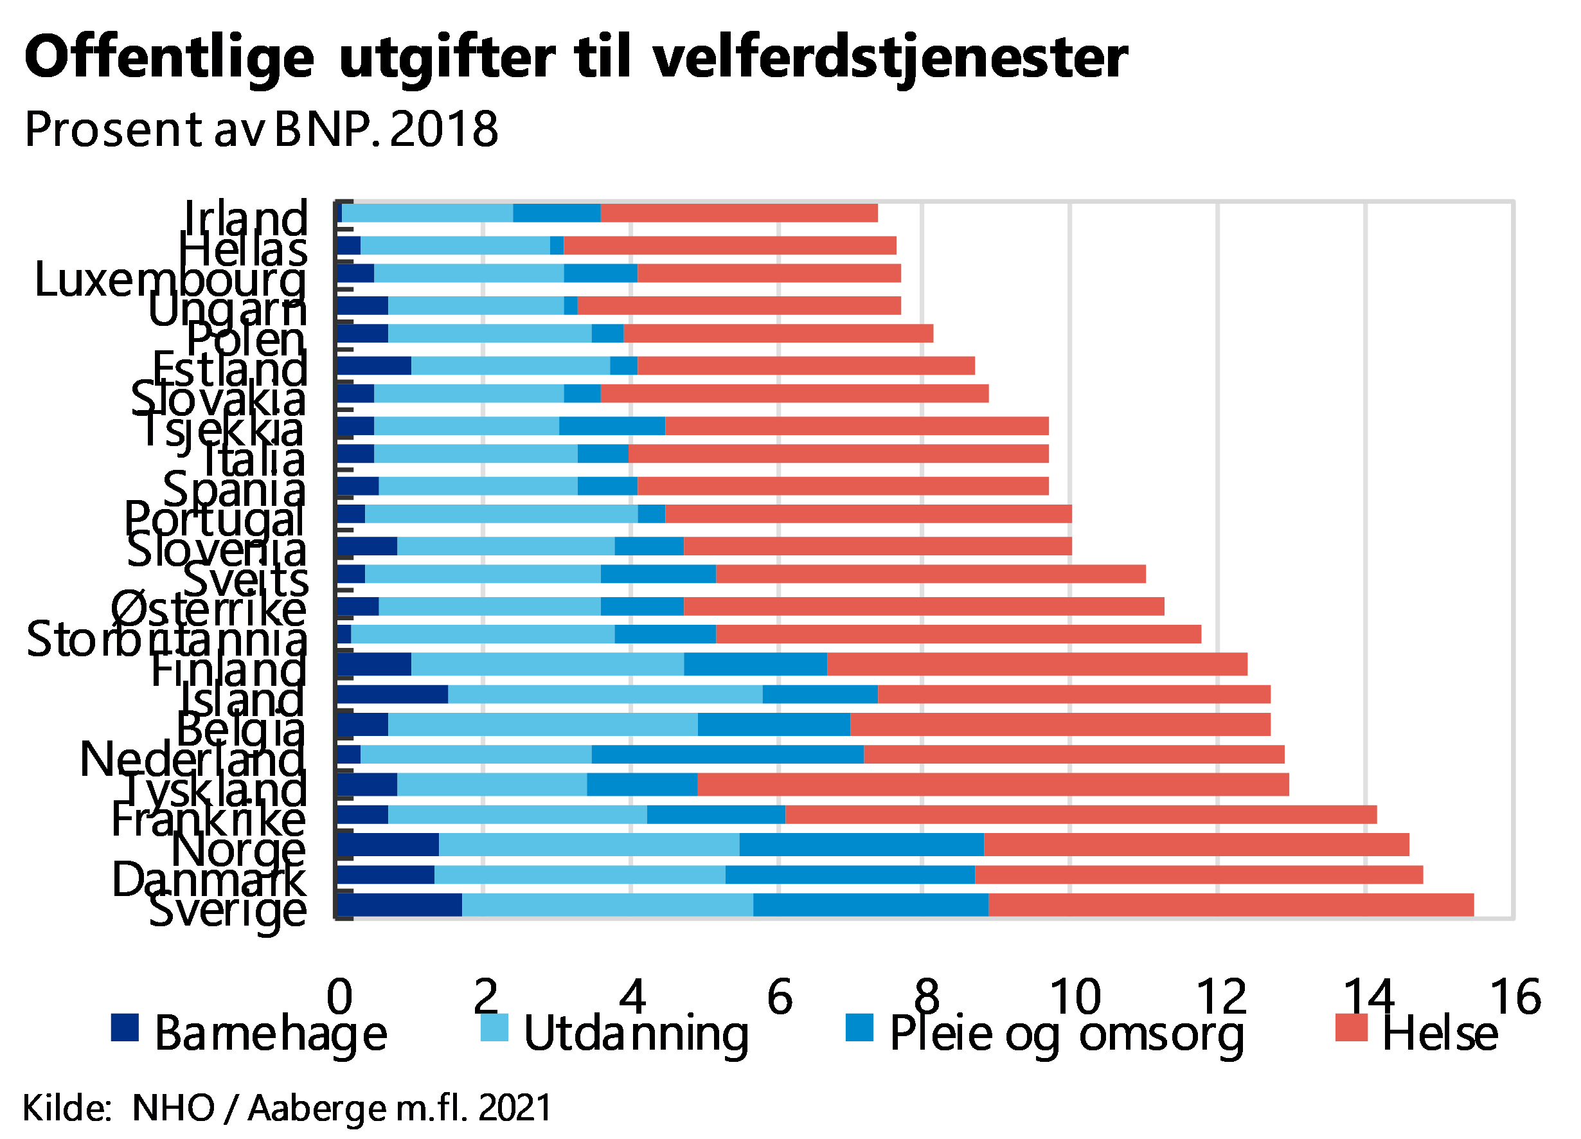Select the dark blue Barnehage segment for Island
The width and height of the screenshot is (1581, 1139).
tap(393, 694)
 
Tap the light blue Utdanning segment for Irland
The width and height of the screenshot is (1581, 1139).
tap(427, 213)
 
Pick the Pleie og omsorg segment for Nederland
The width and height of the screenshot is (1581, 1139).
tap(727, 754)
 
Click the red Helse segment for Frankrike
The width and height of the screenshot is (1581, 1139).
tap(1080, 814)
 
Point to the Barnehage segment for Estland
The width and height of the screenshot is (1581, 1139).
tap(373, 366)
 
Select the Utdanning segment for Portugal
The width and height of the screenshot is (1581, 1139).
tap(501, 514)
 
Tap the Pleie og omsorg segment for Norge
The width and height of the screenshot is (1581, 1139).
tap(861, 845)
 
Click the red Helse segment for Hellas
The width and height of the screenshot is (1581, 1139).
tap(729, 246)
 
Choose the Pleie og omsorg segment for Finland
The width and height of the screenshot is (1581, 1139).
tap(755, 664)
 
